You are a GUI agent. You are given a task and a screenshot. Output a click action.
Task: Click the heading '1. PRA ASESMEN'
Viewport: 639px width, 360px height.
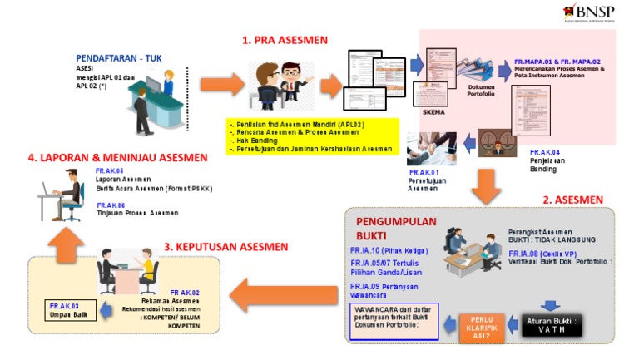(x=285, y=40)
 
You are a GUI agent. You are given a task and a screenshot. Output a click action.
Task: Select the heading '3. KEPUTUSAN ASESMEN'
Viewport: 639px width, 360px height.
(x=227, y=246)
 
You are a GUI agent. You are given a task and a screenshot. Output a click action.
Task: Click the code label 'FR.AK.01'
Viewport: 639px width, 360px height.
(x=424, y=172)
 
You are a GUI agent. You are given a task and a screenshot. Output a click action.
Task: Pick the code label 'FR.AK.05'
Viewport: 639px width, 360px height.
(x=110, y=170)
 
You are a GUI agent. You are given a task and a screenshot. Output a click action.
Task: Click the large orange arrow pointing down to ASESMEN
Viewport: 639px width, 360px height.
(x=486, y=185)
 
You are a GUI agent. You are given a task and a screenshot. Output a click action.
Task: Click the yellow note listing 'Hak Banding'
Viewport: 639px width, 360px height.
(x=312, y=136)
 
